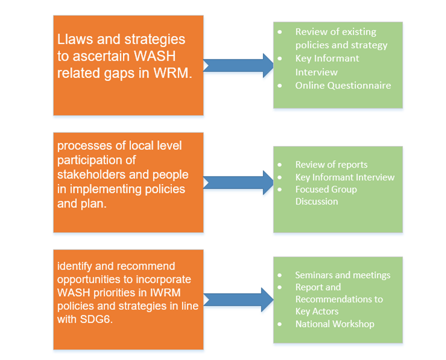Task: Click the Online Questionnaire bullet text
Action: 343,85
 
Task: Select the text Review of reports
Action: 331,165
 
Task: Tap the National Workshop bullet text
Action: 334,324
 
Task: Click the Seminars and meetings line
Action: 343,275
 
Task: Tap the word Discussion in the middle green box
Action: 316,201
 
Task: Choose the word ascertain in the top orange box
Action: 91,56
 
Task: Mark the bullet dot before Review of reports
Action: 281,165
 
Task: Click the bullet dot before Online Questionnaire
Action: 281,85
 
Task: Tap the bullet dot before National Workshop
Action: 281,324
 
